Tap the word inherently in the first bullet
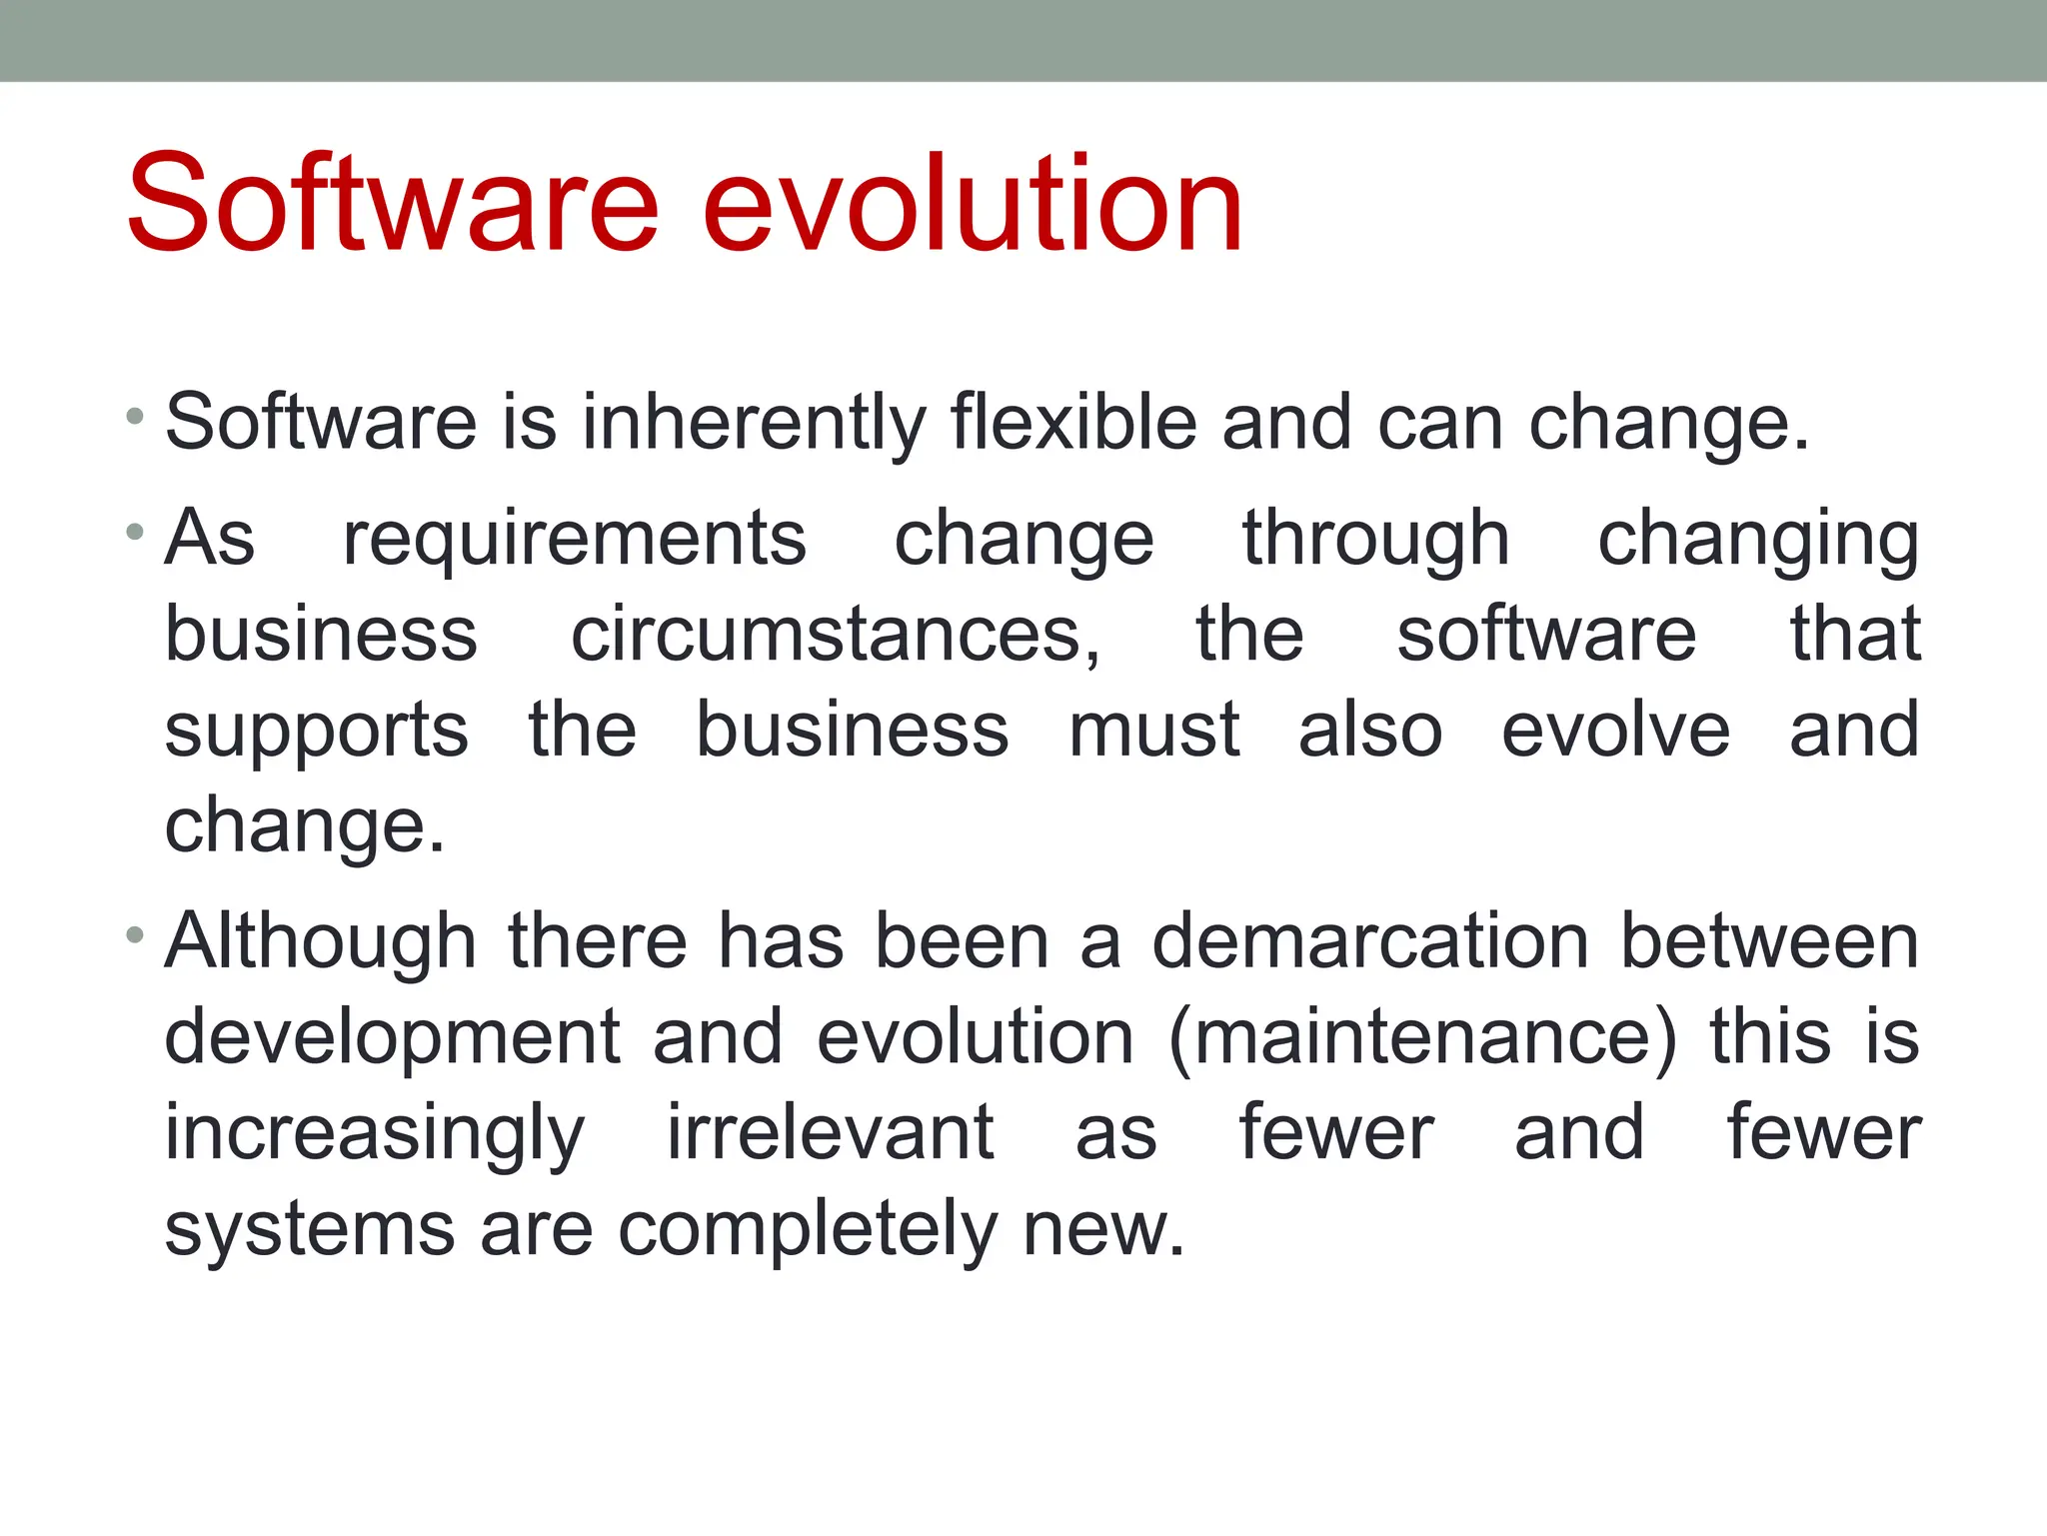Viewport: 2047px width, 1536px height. (755, 424)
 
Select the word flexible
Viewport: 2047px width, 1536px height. (1073, 422)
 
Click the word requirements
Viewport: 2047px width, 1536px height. (574, 540)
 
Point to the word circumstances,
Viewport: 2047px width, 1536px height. (836, 636)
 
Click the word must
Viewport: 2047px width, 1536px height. (1153, 730)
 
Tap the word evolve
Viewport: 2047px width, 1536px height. (1615, 730)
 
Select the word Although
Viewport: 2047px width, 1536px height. (320, 942)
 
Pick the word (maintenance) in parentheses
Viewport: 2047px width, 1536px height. (1422, 1038)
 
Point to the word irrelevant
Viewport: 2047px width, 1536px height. (830, 1133)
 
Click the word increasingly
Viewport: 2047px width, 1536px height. (374, 1135)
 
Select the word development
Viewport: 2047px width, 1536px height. (392, 1039)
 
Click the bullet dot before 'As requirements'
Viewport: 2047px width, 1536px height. (135, 531)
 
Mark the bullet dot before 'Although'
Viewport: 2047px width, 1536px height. (135, 934)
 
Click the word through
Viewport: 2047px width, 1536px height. (1375, 540)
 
